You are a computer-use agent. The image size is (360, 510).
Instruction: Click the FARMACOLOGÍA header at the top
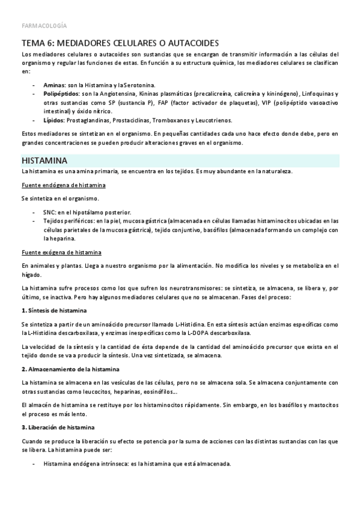pos(44,26)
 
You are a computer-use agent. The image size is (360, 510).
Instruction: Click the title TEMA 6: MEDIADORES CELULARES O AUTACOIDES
pos(120,43)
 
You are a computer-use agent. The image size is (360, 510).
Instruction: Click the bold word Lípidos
pos(54,120)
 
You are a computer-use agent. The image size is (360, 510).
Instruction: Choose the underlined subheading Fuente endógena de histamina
pos(63,185)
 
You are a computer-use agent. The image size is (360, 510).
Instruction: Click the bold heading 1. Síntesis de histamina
pos(54,310)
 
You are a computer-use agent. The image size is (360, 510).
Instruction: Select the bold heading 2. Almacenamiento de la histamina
pos(70,369)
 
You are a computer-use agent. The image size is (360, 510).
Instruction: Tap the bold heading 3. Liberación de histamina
pos(57,427)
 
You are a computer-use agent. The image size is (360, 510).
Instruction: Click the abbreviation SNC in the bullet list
pos(49,212)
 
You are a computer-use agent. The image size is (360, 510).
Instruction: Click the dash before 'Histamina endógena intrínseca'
pos(33,464)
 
